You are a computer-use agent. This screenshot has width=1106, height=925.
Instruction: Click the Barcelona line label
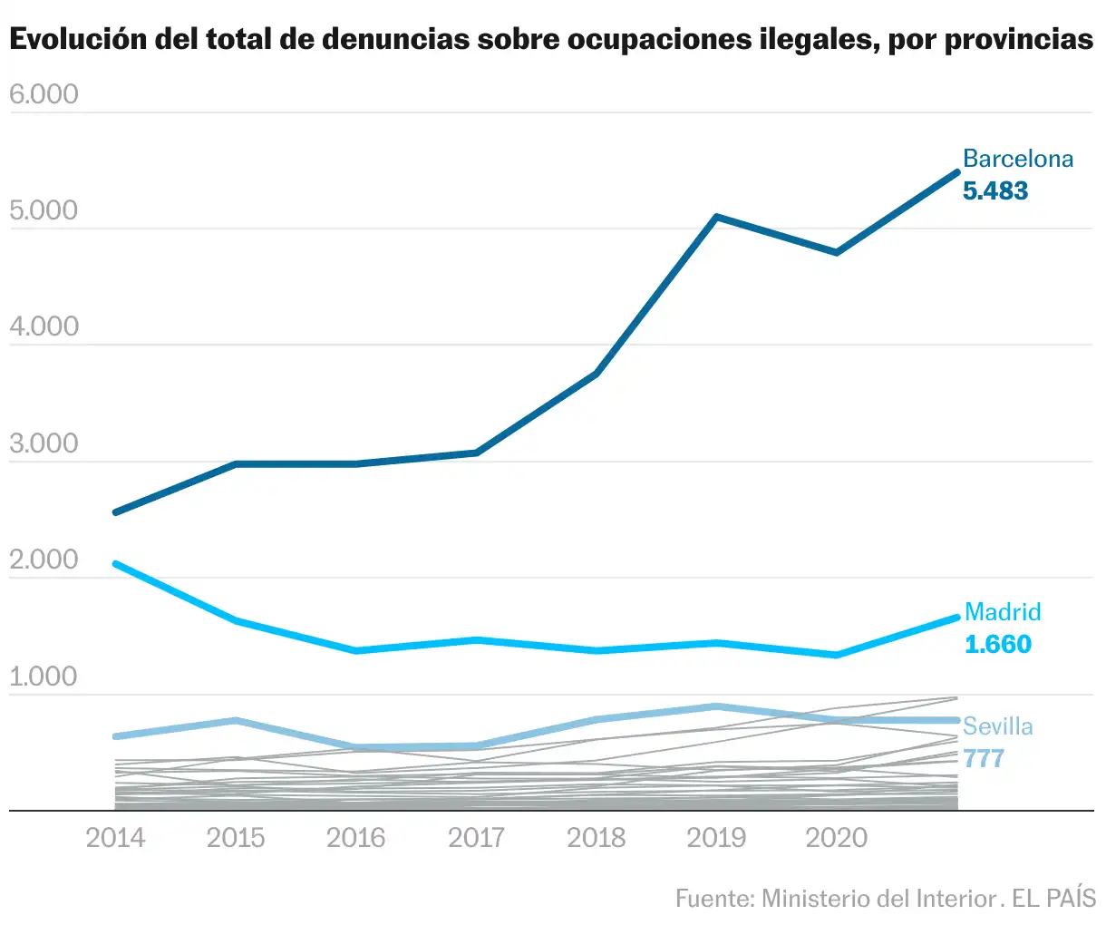click(1017, 159)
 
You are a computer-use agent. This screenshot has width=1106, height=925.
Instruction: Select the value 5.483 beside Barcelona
click(995, 190)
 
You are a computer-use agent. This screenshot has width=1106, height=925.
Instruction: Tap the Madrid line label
click(1003, 612)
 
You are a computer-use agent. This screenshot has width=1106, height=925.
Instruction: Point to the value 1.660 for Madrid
click(997, 644)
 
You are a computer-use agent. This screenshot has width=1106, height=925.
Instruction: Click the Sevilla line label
click(997, 726)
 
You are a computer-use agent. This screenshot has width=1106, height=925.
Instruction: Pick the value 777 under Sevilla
click(984, 758)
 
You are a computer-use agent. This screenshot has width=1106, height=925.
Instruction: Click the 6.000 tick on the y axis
click(44, 94)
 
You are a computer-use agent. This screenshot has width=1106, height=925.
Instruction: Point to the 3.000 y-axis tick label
click(44, 443)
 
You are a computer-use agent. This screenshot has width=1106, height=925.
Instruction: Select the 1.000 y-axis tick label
click(44, 677)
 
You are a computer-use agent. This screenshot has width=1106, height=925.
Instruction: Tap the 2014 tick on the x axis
click(115, 837)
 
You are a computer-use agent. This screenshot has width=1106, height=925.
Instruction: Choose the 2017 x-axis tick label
click(476, 837)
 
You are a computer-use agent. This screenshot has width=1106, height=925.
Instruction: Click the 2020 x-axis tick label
click(836, 837)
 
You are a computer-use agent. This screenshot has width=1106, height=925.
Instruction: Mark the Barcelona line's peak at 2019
click(716, 218)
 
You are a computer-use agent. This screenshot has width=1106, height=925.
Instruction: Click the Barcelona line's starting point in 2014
click(115, 512)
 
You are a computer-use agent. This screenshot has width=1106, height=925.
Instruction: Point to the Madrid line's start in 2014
click(115, 564)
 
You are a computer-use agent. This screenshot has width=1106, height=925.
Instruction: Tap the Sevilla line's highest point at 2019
click(716, 706)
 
